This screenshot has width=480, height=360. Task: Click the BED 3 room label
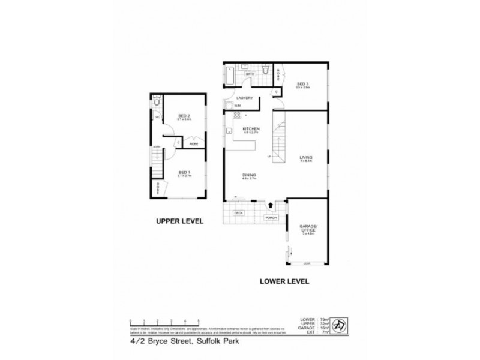(x=302, y=84)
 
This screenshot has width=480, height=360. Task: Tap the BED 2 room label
(x=184, y=116)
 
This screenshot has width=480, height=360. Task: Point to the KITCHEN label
(x=250, y=130)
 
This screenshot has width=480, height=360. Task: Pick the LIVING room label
(x=307, y=158)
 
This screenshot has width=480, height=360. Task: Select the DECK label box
(x=238, y=213)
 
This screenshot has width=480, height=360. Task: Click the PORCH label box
(x=271, y=218)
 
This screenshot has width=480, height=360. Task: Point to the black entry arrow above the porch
(x=271, y=206)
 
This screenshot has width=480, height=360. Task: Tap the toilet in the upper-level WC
(x=156, y=103)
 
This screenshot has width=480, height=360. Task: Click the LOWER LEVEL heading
(x=284, y=280)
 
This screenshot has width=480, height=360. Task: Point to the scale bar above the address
(x=164, y=320)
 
